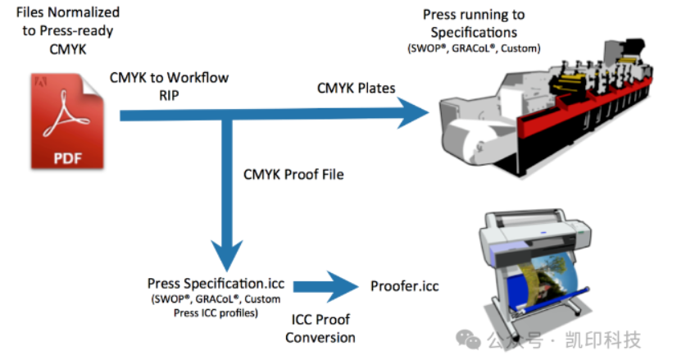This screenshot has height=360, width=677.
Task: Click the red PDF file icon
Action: (67, 121)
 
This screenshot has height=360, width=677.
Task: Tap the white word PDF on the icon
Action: (67, 158)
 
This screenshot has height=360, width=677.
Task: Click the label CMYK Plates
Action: (357, 89)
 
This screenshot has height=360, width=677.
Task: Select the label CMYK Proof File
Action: (293, 175)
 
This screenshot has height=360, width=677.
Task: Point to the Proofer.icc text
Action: (405, 286)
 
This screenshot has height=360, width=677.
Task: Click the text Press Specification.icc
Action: (216, 284)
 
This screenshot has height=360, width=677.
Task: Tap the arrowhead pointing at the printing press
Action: (412, 113)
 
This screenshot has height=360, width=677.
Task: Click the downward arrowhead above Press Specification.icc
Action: (227, 255)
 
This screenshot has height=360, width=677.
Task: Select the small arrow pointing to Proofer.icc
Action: (326, 286)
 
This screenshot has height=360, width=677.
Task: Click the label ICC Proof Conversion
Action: (320, 329)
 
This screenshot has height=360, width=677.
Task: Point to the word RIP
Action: (169, 95)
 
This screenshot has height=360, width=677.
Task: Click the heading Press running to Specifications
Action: (474, 23)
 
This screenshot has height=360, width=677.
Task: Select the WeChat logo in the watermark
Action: (468, 339)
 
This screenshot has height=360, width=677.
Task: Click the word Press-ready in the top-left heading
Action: (76, 31)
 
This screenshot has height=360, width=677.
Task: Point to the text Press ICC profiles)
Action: (216, 313)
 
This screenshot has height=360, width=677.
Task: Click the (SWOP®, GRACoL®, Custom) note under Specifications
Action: (474, 48)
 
